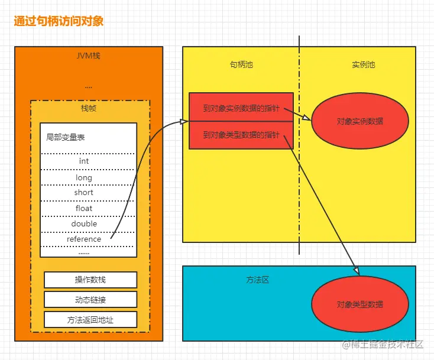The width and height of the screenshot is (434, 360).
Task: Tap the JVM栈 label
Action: click(x=88, y=56)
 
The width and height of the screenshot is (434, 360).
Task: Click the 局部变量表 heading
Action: click(x=66, y=137)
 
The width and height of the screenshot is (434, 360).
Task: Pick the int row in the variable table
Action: click(x=84, y=161)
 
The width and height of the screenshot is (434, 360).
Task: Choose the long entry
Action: click(x=84, y=177)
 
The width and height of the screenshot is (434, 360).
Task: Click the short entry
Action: click(x=84, y=193)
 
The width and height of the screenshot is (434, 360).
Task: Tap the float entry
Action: click(x=84, y=208)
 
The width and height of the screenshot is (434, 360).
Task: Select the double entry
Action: click(x=84, y=224)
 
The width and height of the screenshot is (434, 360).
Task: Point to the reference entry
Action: click(x=84, y=239)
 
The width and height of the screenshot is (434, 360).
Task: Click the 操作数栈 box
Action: click(x=90, y=280)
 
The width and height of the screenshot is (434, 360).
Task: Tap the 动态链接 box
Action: click(x=90, y=300)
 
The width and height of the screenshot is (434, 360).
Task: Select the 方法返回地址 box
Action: click(x=90, y=320)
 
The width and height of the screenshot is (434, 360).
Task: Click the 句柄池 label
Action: click(x=241, y=64)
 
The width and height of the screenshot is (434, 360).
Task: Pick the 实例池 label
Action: click(x=364, y=64)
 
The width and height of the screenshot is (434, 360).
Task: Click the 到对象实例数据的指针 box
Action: click(x=241, y=108)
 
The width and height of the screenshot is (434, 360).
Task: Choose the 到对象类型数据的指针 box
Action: click(x=241, y=135)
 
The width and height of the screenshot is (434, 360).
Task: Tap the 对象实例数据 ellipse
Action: click(x=360, y=121)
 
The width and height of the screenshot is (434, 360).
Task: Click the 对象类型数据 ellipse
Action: click(x=360, y=304)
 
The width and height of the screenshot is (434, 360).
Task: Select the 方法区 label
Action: click(x=257, y=280)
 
